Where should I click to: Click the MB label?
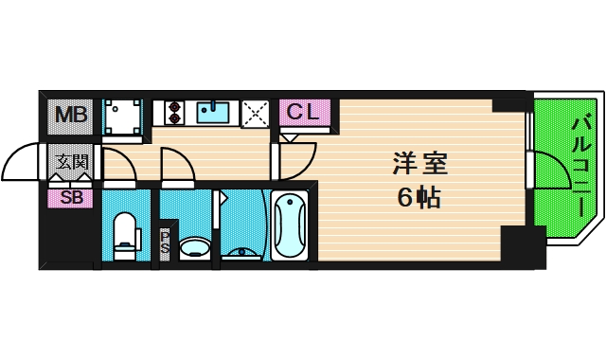[x=69, y=117]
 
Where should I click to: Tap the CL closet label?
[x=305, y=112]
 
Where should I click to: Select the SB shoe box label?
[x=71, y=198]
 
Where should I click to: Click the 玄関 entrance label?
[x=71, y=161]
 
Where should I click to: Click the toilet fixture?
[x=125, y=234]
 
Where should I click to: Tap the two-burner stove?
[x=173, y=113]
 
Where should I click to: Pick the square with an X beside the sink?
[x=254, y=113]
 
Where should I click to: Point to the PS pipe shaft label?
[x=166, y=242]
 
